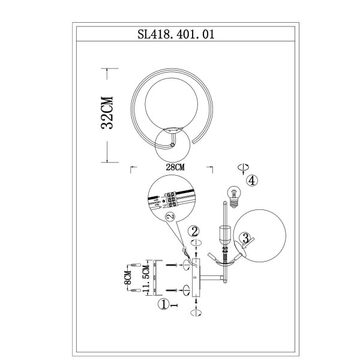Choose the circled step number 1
tap(162, 305)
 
